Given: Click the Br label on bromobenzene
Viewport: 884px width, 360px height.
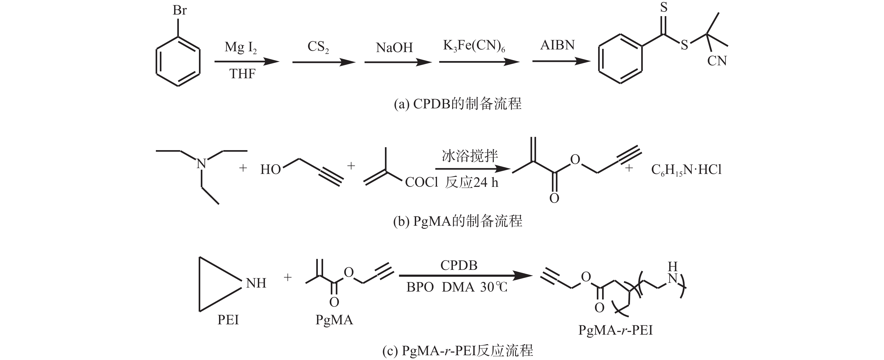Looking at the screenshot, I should click(x=179, y=11).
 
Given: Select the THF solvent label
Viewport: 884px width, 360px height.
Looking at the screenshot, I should click(x=242, y=74).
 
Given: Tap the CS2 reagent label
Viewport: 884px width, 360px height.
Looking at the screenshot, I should click(x=318, y=47).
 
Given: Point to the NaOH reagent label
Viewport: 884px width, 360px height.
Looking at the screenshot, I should click(x=394, y=48).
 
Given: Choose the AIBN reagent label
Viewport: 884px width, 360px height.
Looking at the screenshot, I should click(x=557, y=45).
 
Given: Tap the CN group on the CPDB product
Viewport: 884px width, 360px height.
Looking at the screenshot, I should click(x=717, y=61).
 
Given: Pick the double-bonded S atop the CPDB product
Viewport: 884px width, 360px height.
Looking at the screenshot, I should click(x=664, y=8).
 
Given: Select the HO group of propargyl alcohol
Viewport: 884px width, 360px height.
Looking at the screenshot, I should click(x=271, y=169).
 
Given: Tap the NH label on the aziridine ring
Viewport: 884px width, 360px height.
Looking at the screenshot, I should click(x=256, y=283).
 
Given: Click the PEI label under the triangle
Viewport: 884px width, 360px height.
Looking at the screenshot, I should click(x=228, y=320).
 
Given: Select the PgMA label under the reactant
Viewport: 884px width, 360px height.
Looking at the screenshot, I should click(x=334, y=320).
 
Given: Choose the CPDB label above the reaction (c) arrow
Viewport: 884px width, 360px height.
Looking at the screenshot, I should click(x=459, y=265).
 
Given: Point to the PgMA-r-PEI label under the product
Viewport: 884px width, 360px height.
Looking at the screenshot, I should click(x=615, y=330).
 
